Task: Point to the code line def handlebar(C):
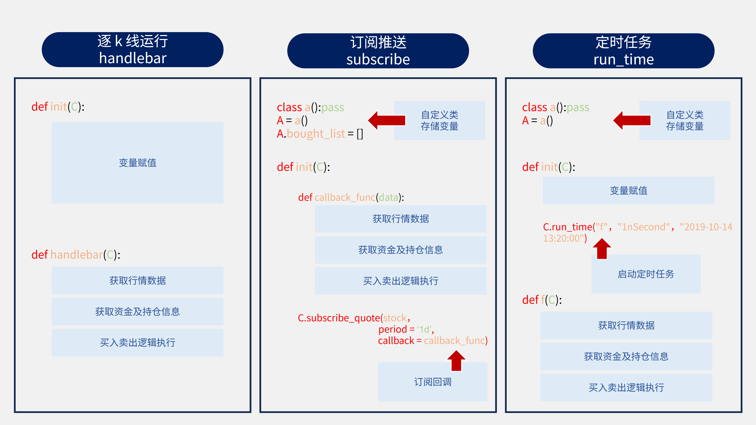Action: coord(76,255)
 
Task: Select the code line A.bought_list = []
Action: coord(320,134)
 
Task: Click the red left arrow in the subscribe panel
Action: coord(387,120)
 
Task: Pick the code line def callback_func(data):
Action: coord(351,197)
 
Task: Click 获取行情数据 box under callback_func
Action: coord(401,219)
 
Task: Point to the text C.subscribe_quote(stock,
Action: coord(354,318)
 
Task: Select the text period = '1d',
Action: coord(406,329)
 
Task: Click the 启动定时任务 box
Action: coord(646,274)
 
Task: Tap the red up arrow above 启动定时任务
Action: coord(602,249)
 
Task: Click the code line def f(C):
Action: coord(542,300)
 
